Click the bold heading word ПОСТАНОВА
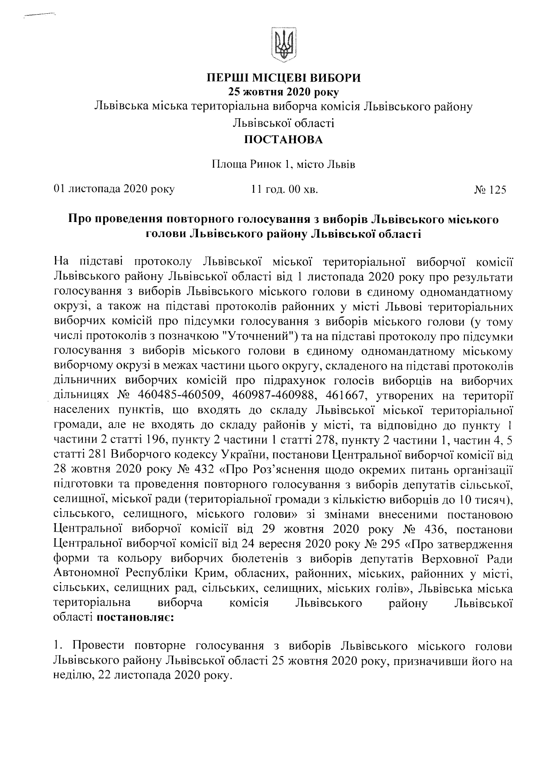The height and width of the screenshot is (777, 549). point(284,140)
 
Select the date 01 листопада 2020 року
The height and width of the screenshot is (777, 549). point(114,190)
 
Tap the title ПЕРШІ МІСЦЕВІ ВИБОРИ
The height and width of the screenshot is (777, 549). point(284,78)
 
